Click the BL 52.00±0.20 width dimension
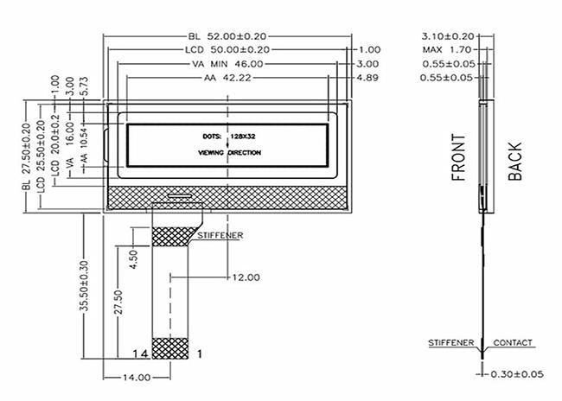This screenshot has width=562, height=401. click(227, 36)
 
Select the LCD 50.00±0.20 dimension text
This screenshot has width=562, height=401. click(227, 50)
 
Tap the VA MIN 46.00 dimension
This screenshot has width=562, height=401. click(227, 64)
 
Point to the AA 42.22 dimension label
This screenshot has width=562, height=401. click(227, 78)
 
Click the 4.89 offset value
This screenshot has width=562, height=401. click(367, 78)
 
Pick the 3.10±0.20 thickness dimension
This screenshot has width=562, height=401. click(448, 36)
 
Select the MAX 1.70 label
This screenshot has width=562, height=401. click(447, 50)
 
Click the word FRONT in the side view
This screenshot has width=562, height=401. click(458, 157)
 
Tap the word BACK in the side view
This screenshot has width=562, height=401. click(515, 162)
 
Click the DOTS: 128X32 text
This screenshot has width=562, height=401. click(229, 137)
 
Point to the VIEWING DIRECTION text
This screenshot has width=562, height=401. click(229, 153)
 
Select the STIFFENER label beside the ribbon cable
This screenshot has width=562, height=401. click(220, 235)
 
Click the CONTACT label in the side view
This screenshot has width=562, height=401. click(513, 342)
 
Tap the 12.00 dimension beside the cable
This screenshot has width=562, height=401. click(246, 277)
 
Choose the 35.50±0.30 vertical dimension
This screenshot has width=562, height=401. click(84, 286)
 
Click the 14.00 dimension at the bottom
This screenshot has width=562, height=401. click(137, 378)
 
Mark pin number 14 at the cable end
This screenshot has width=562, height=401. click(140, 354)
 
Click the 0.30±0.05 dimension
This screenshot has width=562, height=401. click(517, 374)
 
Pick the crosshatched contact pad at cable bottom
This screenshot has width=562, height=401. click(170, 348)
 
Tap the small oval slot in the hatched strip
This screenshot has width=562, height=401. click(180, 195)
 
